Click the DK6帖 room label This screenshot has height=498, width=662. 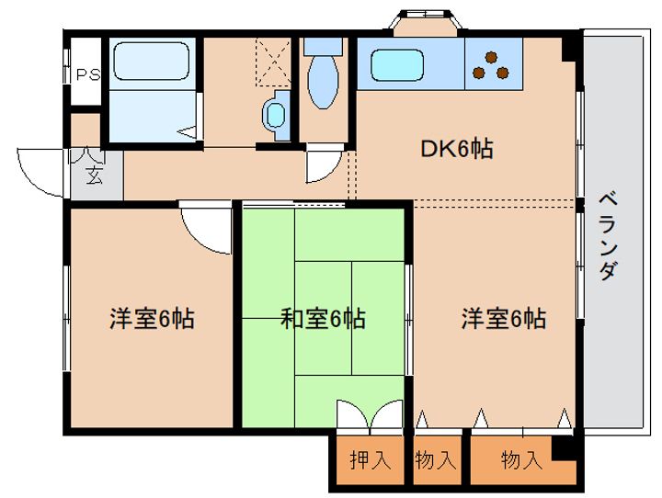(x=457, y=149)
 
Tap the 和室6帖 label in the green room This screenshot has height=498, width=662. (x=324, y=319)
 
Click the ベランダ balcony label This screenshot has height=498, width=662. (x=609, y=236)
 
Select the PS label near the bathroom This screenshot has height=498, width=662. (x=88, y=74)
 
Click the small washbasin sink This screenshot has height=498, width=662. (x=276, y=115)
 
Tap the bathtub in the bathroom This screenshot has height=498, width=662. (x=151, y=61)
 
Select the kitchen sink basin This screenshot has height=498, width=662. (x=397, y=65)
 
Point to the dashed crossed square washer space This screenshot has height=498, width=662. (x=273, y=62)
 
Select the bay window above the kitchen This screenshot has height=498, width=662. (x=424, y=21)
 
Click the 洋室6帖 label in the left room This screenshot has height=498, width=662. (x=152, y=319)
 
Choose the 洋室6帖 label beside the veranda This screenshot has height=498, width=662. (x=504, y=319)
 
